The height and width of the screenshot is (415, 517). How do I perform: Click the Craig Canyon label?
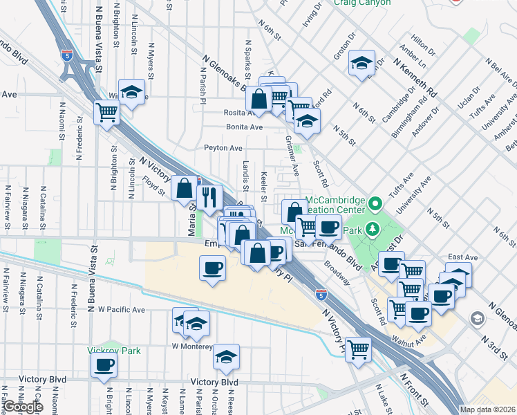361,3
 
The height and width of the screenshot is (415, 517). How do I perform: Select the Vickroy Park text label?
114,351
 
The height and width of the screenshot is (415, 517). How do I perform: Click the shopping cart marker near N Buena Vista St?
106,111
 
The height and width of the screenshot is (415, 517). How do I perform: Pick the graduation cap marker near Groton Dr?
361,64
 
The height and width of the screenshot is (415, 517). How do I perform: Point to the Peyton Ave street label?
223,148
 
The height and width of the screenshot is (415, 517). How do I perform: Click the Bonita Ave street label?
245,127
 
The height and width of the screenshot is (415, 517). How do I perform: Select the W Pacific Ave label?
122,309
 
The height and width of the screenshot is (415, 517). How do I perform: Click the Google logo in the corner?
22,407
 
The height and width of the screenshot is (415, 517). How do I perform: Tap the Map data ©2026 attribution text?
487,409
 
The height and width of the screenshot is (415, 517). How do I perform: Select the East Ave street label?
463,257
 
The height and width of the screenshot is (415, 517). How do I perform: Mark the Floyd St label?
153,185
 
